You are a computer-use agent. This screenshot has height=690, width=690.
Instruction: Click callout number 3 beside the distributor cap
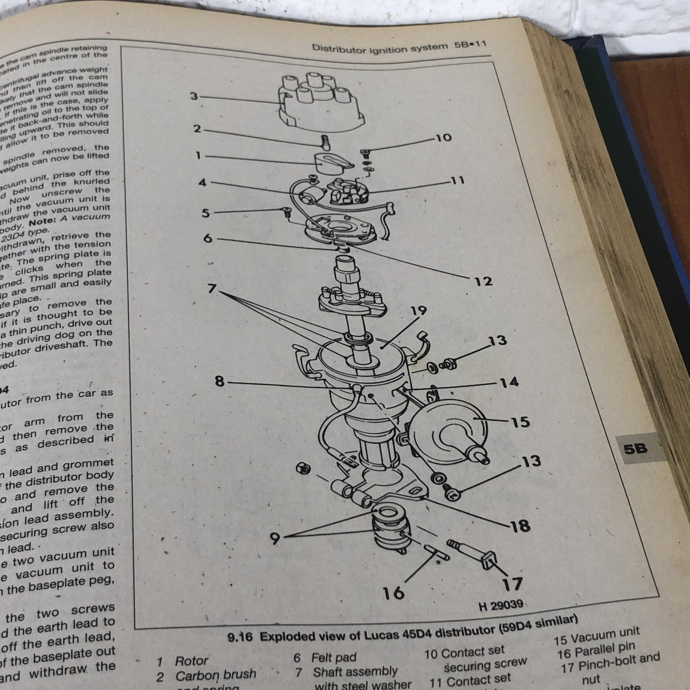point(194,96)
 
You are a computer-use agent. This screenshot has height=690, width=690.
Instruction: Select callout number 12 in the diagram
point(484,281)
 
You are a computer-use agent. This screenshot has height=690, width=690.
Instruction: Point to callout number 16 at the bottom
point(393,593)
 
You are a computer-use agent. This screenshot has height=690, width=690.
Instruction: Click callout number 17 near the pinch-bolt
point(512,584)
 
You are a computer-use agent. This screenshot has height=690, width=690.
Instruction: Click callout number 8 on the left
point(220,381)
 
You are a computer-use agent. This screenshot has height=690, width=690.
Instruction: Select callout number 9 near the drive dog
point(274,539)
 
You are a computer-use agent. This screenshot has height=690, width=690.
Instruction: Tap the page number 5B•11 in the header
point(470,45)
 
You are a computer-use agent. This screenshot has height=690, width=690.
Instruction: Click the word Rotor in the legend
point(191,661)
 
